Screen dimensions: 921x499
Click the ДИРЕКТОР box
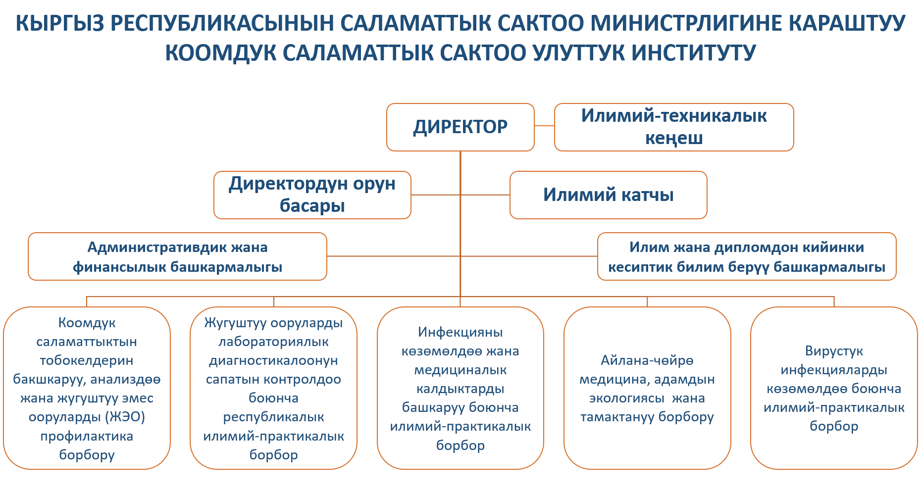click(x=460, y=127)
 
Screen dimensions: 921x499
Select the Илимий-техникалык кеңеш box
click(x=674, y=127)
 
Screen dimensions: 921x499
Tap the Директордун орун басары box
click(x=312, y=195)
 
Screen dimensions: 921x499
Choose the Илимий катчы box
click(x=609, y=195)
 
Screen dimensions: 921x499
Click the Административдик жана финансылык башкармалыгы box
click(x=177, y=256)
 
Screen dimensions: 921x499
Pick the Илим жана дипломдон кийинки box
click(x=747, y=256)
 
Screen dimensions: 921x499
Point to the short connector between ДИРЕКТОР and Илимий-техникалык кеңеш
click(x=545, y=126)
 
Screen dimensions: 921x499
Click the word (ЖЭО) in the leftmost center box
click(x=126, y=417)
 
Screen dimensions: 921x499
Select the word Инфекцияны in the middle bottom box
click(x=460, y=332)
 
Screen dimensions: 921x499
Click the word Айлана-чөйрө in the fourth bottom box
click(x=647, y=360)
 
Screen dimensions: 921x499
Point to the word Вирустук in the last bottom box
click(x=834, y=351)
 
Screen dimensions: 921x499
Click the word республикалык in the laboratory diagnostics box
click(x=273, y=417)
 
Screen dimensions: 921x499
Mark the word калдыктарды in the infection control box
click(x=460, y=389)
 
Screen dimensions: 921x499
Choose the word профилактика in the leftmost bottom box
click(x=87, y=437)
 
